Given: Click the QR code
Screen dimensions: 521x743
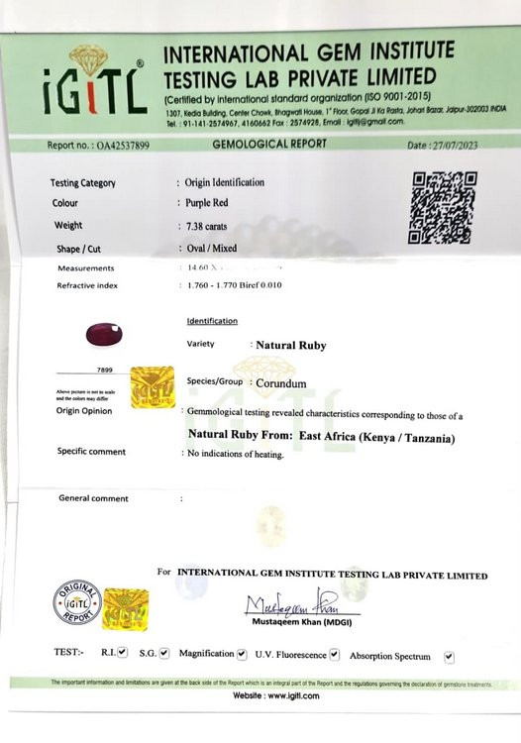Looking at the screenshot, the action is [441, 207].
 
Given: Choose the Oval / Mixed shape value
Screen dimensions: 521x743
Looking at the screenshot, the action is [211, 249].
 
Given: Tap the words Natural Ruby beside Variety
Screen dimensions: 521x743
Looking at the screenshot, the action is [290, 346].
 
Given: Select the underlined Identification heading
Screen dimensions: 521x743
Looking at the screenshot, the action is [212, 321].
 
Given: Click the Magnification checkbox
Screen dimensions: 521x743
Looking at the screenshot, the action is [241, 654].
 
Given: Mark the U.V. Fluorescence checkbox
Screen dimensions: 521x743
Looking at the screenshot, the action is [334, 655].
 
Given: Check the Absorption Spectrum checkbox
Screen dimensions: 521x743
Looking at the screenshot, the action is [450, 656].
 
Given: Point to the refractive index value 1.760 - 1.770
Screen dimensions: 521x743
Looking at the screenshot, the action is [221, 285].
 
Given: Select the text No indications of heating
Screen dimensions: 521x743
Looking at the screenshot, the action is [235, 454].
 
